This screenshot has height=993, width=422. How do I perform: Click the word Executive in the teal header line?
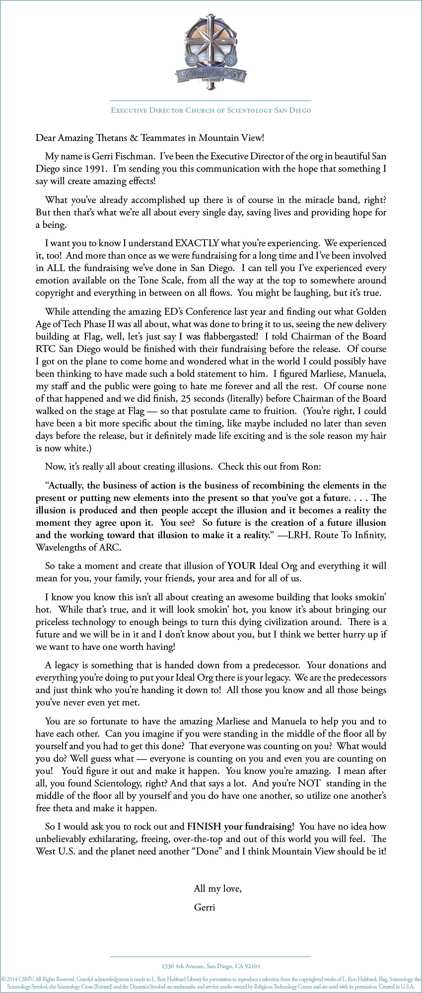click(129, 110)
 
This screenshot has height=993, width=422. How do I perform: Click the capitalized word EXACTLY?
click(197, 243)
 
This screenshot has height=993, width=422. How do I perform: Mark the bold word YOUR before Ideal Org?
click(241, 566)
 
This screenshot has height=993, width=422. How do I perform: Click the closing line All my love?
click(217, 889)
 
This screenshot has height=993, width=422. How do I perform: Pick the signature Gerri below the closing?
click(205, 907)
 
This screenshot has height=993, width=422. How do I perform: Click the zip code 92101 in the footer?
click(252, 966)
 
